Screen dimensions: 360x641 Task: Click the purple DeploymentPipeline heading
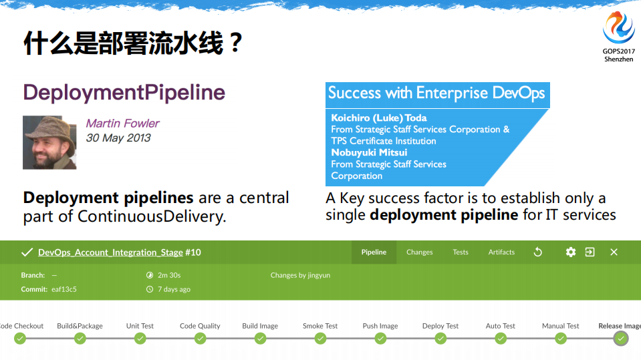[x=124, y=92]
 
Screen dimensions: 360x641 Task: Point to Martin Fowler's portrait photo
[x=49, y=142]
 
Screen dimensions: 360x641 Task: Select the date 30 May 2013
[x=118, y=138]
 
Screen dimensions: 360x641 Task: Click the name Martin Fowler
[x=122, y=124]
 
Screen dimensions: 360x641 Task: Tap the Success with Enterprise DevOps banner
[x=436, y=93]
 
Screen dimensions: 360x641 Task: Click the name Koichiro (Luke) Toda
[x=379, y=118]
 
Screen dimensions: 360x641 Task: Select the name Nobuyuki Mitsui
[x=369, y=152]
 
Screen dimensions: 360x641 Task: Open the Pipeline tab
[x=374, y=252]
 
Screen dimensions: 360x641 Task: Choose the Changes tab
[x=419, y=252]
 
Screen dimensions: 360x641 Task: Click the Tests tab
[x=461, y=252]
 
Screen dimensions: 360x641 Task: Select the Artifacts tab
[x=501, y=252]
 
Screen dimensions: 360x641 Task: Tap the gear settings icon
[x=570, y=252]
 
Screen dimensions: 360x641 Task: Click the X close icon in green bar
[x=614, y=252]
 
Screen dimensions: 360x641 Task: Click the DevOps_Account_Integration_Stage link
[x=110, y=252]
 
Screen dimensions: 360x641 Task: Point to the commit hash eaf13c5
[x=64, y=289]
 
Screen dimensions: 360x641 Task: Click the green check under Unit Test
[x=140, y=339]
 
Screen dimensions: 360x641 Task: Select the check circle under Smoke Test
[x=320, y=339]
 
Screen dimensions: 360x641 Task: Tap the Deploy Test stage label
[x=440, y=326]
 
